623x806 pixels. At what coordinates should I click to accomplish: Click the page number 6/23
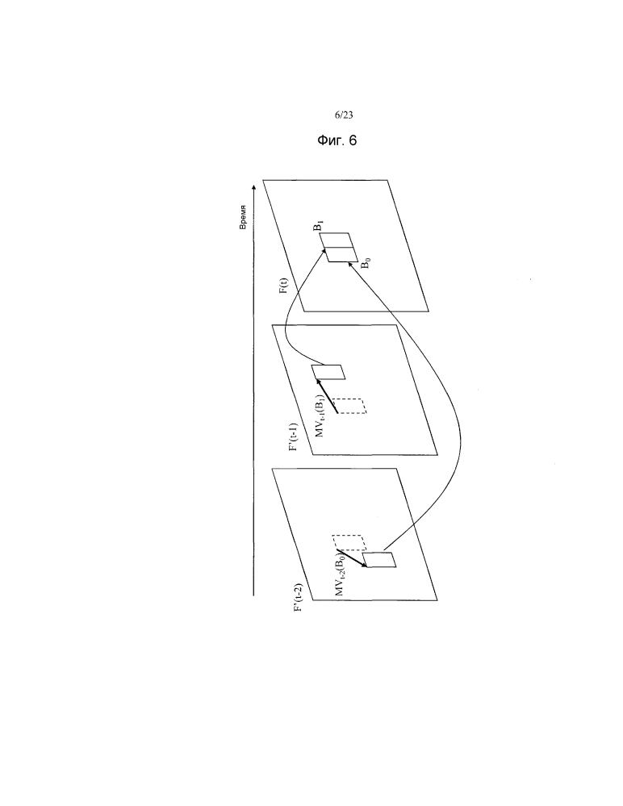pyautogui.click(x=344, y=115)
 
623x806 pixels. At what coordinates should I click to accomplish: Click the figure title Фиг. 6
pyautogui.click(x=337, y=140)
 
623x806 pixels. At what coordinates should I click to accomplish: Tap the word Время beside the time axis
pyautogui.click(x=243, y=218)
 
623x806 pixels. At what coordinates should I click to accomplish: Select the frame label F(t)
pyautogui.click(x=283, y=286)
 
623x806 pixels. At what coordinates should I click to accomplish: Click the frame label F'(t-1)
pyautogui.click(x=294, y=437)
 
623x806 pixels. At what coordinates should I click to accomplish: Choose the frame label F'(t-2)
pyautogui.click(x=297, y=598)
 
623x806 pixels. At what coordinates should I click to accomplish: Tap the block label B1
pyautogui.click(x=320, y=226)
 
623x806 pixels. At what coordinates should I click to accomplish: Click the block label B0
pyautogui.click(x=365, y=264)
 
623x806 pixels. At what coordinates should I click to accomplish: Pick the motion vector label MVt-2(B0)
pyautogui.click(x=341, y=576)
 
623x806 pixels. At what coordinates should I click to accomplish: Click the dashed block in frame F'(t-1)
pyautogui.click(x=349, y=406)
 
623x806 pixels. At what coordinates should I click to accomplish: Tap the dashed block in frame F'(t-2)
pyautogui.click(x=349, y=543)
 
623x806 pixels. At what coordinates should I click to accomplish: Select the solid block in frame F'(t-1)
pyautogui.click(x=328, y=372)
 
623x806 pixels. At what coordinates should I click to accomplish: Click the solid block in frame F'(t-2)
pyautogui.click(x=379, y=560)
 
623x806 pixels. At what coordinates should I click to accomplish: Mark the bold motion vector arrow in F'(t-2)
pyautogui.click(x=352, y=559)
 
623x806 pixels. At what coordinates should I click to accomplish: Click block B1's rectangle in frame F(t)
pyautogui.click(x=337, y=240)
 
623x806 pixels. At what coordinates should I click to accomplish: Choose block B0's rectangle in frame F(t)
pyautogui.click(x=341, y=254)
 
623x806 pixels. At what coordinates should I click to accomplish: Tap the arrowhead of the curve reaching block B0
pyautogui.click(x=350, y=264)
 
